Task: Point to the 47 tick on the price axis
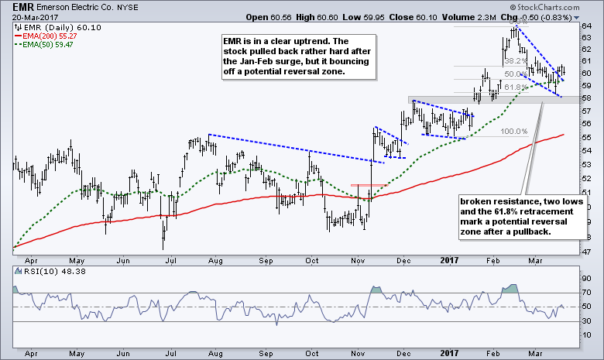click(587, 252)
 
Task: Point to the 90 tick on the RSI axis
click(586, 278)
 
